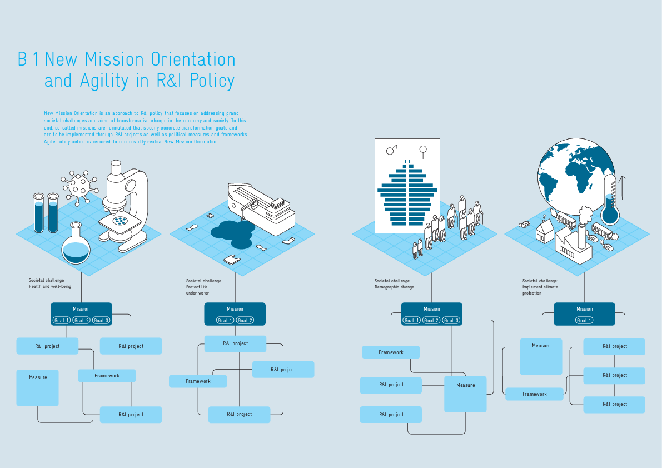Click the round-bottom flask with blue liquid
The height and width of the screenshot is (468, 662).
point(76,245)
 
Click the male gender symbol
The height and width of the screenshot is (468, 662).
point(392,150)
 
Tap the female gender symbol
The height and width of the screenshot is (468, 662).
point(424,151)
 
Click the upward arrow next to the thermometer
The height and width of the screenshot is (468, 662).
point(623,187)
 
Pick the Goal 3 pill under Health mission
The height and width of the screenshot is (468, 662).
point(101,321)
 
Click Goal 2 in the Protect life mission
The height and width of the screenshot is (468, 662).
point(245,321)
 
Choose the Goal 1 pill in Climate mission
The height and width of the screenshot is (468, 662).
point(584,321)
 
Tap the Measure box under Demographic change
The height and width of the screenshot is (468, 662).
point(465,394)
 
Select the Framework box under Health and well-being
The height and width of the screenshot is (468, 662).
point(107,376)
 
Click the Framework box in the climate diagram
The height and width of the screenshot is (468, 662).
point(534,394)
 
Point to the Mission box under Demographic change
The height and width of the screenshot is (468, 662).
point(431,309)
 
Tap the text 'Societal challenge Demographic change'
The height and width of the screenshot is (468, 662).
point(394,284)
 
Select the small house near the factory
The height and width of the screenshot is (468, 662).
point(543,230)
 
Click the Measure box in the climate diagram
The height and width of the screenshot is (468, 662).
point(541,356)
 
